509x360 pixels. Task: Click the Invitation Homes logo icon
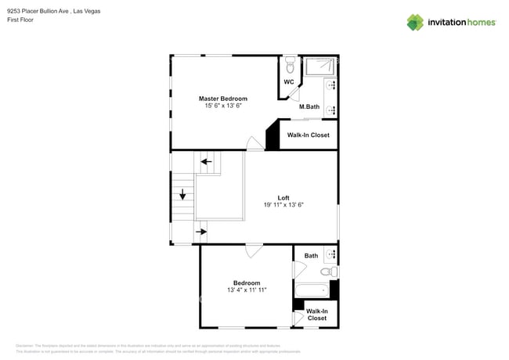(415, 22)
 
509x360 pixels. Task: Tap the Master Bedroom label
(222, 99)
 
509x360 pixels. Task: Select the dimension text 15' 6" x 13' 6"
(222, 106)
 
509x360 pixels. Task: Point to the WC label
(289, 81)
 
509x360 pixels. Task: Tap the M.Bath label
(309, 106)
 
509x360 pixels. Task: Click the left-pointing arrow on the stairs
(207, 162)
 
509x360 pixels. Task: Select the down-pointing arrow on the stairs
(183, 195)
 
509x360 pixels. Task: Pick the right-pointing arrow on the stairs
(201, 232)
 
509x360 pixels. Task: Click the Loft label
(283, 197)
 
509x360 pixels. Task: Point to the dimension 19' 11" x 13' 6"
(283, 205)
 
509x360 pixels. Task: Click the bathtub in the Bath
(312, 290)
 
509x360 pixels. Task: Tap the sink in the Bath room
(332, 255)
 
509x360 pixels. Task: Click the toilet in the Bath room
(332, 272)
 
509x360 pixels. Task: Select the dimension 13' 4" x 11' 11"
(247, 290)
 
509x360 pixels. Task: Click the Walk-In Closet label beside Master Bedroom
(308, 135)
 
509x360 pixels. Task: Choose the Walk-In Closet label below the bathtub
(316, 315)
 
